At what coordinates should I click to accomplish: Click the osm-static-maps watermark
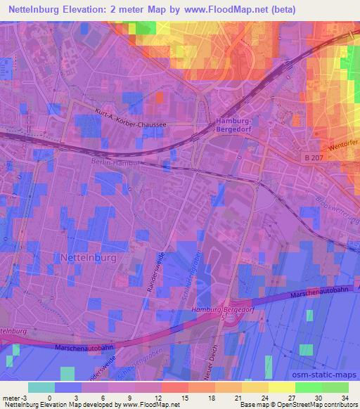330,375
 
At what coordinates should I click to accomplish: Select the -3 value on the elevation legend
25,397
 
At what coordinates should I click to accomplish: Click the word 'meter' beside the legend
11,397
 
